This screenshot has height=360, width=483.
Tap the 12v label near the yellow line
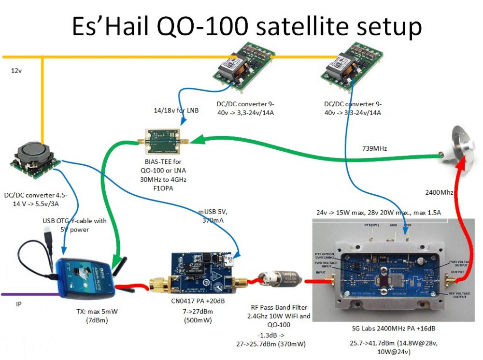tap(17, 71)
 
